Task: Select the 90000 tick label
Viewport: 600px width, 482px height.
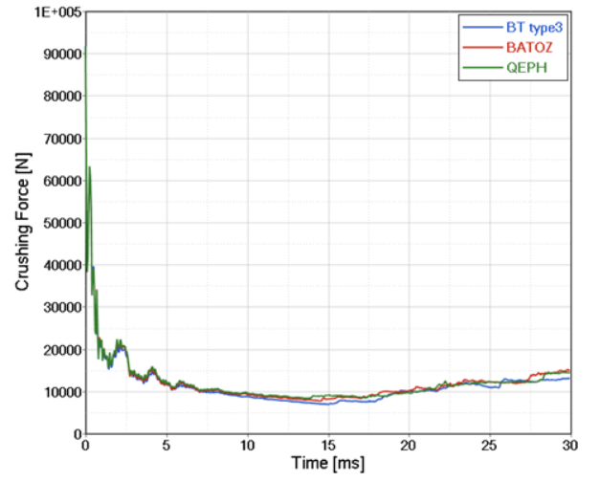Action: click(61, 55)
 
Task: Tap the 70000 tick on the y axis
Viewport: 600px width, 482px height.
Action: click(61, 139)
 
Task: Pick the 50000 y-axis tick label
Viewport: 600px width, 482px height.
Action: click(61, 223)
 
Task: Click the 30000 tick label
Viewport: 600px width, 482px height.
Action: click(61, 307)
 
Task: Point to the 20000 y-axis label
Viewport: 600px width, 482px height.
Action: click(61, 349)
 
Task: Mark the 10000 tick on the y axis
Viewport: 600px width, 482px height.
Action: click(61, 391)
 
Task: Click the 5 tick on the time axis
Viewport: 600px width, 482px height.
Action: click(167, 446)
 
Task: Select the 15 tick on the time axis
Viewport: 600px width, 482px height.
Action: click(329, 446)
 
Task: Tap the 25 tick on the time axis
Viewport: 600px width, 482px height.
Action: click(491, 446)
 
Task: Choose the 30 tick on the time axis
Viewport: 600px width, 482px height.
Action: click(571, 446)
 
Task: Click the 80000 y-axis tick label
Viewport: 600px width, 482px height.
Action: click(61, 97)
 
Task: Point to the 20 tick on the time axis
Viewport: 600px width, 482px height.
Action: click(410, 446)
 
